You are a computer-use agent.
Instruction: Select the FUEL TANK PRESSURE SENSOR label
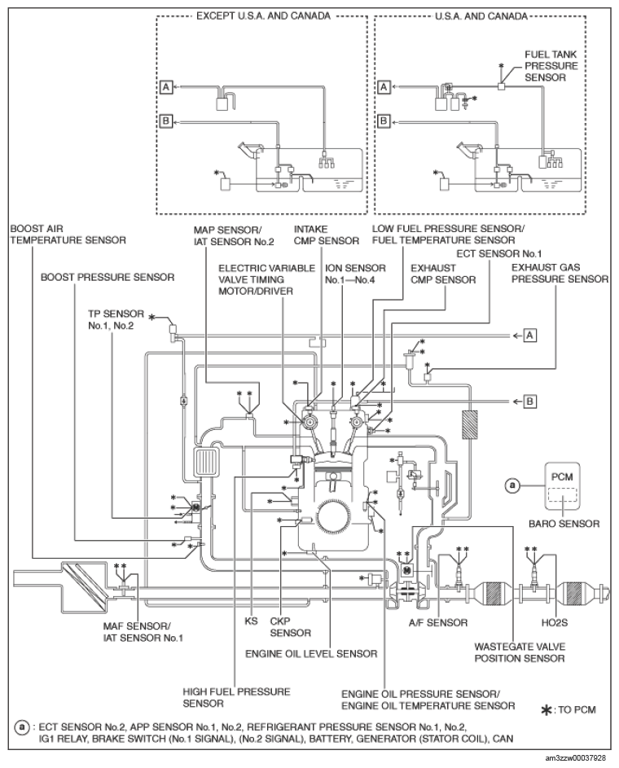pyautogui.click(x=551, y=68)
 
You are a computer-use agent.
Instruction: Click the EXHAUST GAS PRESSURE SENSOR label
pyautogui.click(x=560, y=272)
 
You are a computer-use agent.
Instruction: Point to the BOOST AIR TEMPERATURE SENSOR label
pyautogui.click(x=68, y=235)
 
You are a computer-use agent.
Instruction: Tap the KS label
pyautogui.click(x=251, y=620)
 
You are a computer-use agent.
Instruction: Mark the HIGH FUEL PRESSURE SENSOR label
pyautogui.click(x=236, y=696)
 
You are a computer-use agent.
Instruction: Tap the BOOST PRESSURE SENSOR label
pyautogui.click(x=108, y=277)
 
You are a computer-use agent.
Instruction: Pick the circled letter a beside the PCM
pyautogui.click(x=512, y=485)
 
